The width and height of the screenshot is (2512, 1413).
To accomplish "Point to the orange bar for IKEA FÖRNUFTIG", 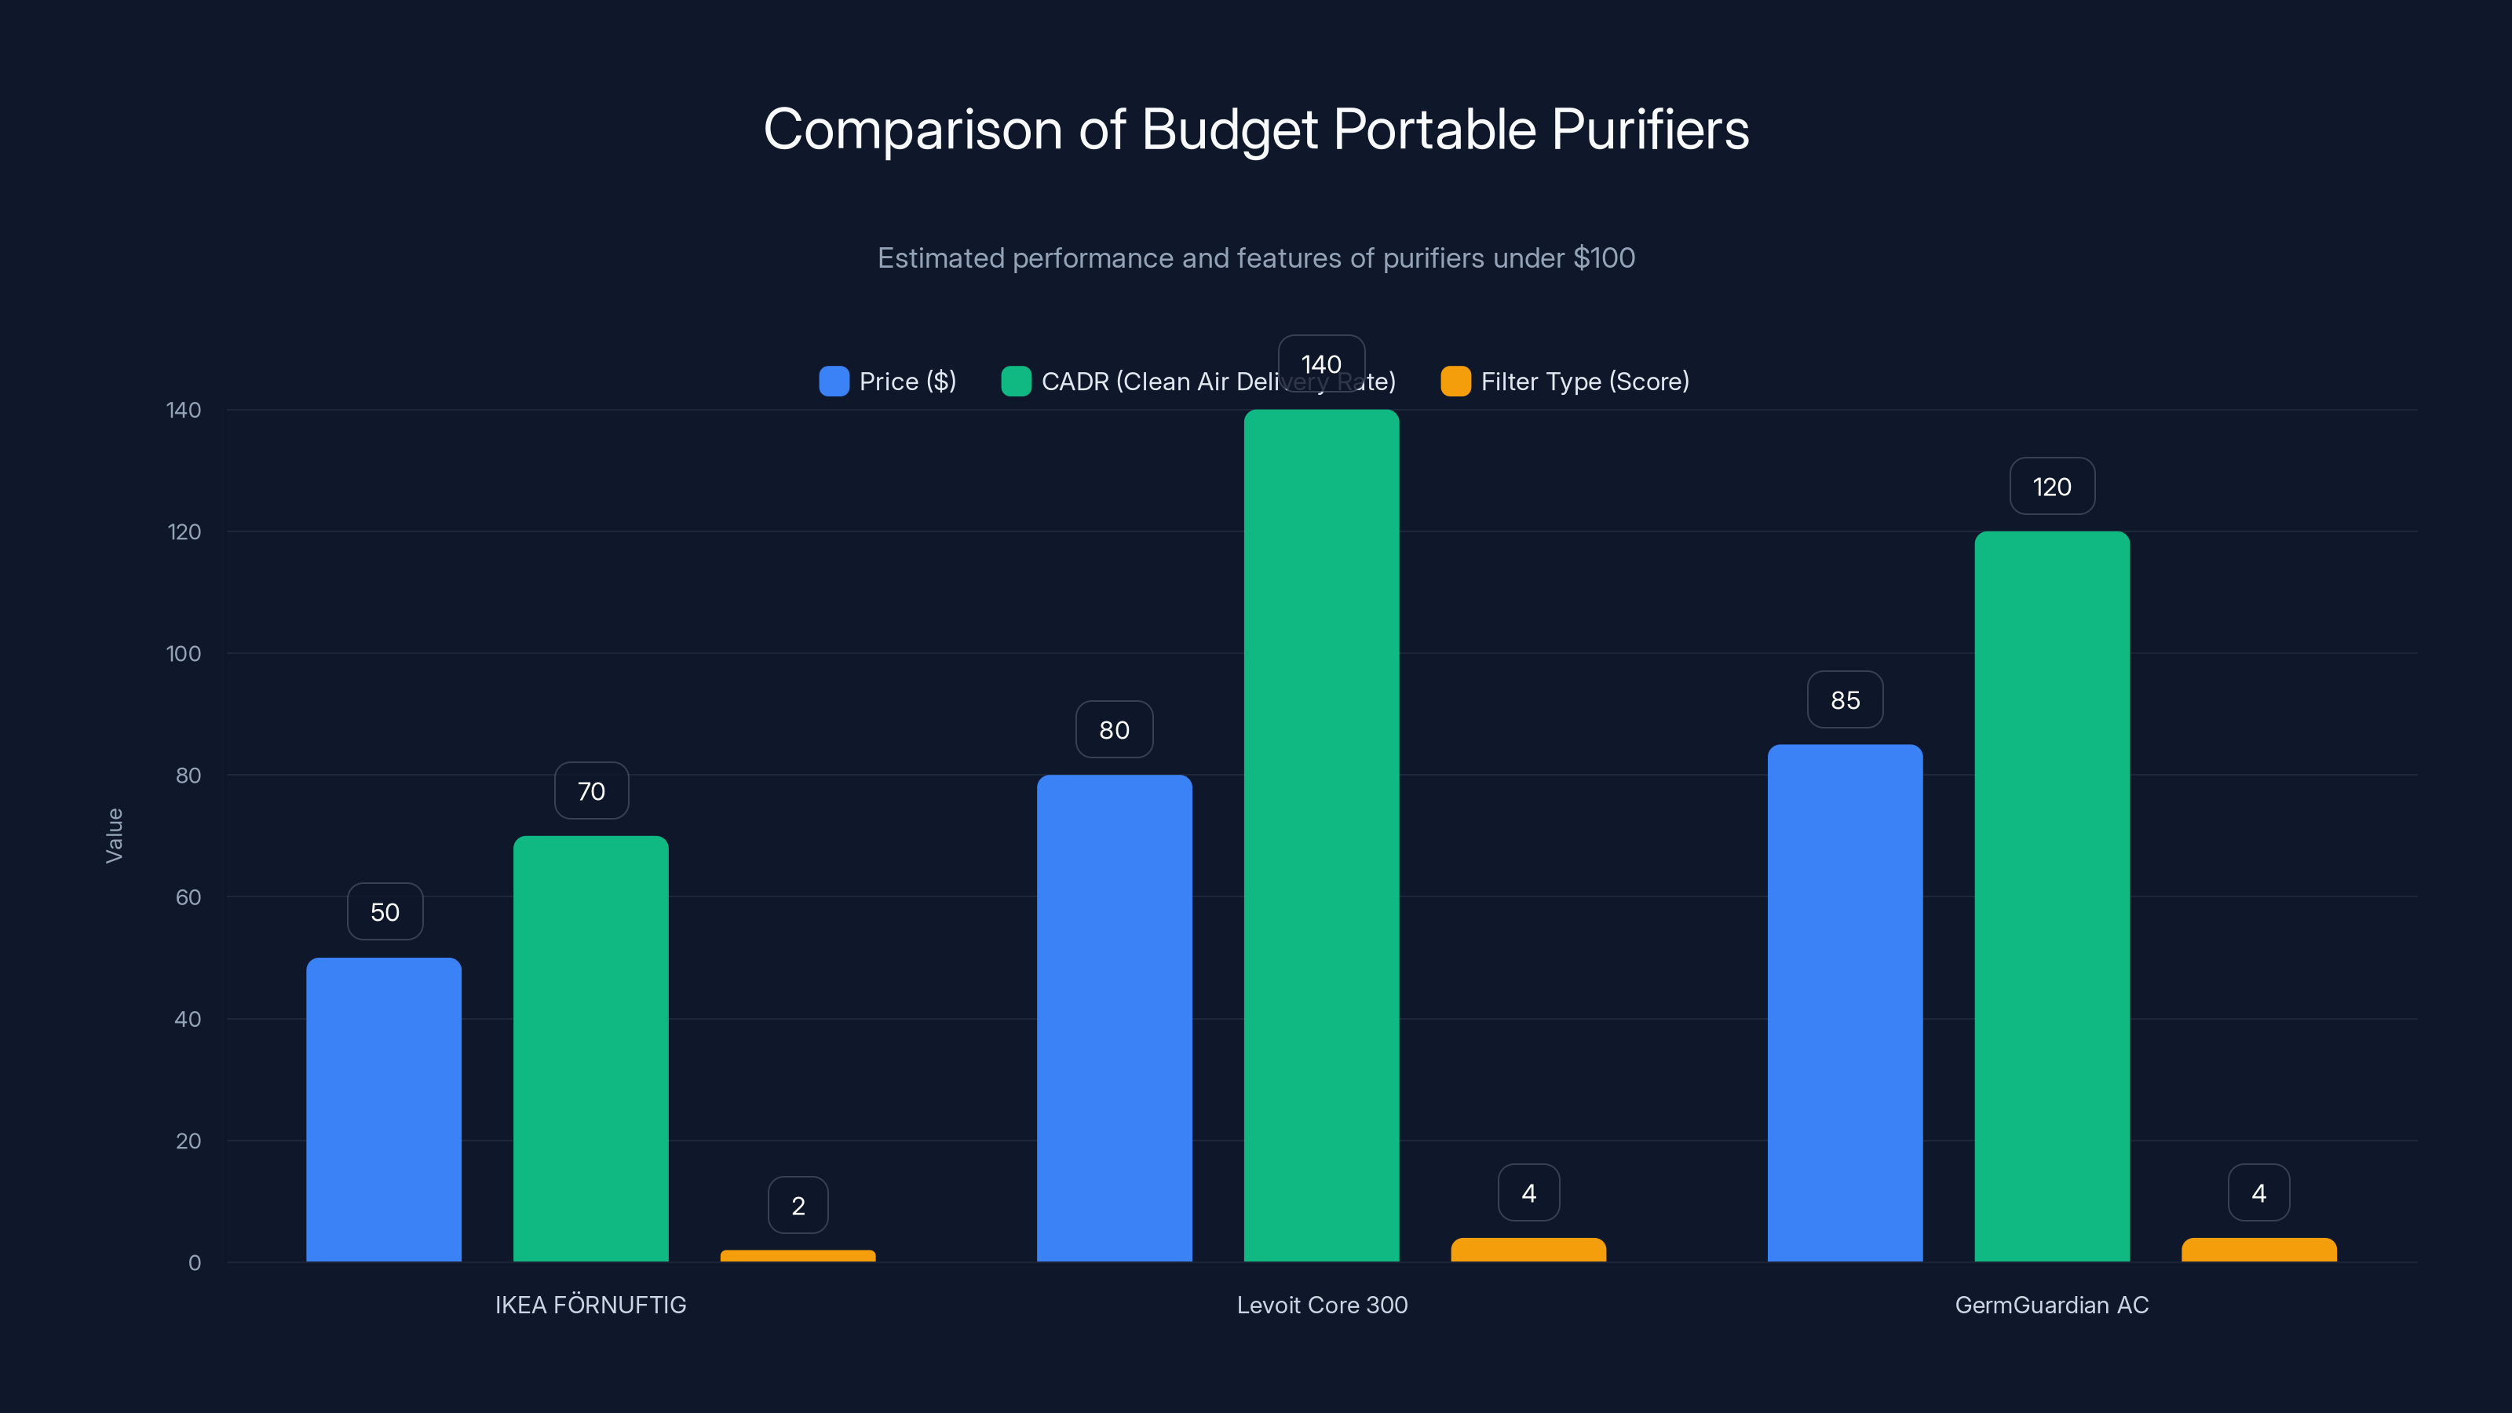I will click(x=798, y=1255).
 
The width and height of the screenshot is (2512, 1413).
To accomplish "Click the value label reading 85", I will click(x=1845, y=700).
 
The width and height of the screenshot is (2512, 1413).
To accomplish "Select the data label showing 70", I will click(x=591, y=790).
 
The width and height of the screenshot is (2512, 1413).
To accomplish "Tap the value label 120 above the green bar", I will click(x=2052, y=487).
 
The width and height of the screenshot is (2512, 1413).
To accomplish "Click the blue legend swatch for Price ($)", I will click(x=834, y=382).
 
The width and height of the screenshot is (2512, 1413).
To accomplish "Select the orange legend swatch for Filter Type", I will click(x=1455, y=382).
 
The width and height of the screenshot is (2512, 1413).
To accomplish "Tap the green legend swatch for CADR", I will click(x=1016, y=382).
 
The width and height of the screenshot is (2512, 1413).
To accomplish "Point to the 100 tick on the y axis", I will click(x=184, y=653).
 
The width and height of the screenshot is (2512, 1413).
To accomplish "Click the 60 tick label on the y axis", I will click(x=188, y=897).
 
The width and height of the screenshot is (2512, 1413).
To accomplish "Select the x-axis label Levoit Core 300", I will click(x=1321, y=1305).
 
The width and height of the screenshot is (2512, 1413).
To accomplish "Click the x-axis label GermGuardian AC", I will click(x=2052, y=1305).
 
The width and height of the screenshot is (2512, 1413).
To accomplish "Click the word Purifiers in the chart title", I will click(x=1650, y=130).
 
